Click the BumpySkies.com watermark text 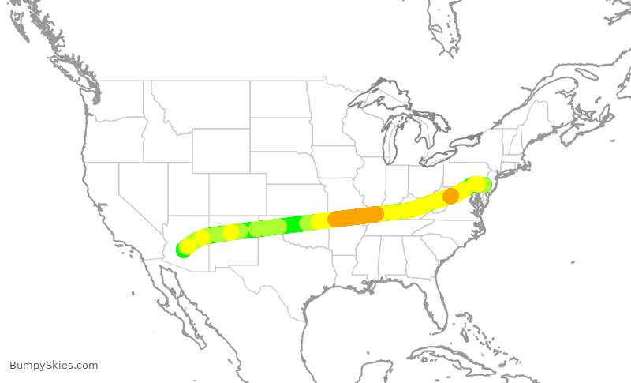pyautogui.click(x=54, y=365)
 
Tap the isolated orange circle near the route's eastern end pyautogui.click(x=450, y=196)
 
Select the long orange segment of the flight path pyautogui.click(x=356, y=216)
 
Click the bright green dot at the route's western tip pyautogui.click(x=183, y=250)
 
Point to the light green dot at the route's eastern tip pyautogui.click(x=486, y=186)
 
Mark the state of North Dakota pyautogui.click(x=280, y=99)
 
